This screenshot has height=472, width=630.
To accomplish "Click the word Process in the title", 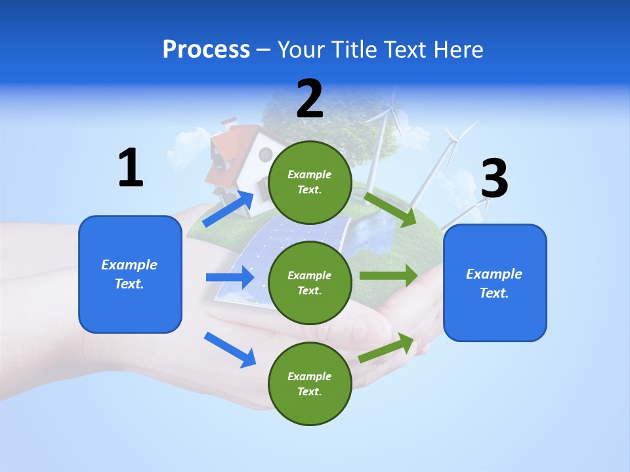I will point(206,50).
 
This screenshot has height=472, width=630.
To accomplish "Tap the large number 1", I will point(131,168).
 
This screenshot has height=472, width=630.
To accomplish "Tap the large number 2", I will point(310,99).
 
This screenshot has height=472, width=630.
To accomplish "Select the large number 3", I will point(494,179).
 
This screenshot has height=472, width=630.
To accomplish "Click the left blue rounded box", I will point(130,274).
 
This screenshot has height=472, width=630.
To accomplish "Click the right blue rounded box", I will point(495,283).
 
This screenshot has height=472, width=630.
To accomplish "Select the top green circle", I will point(310,182).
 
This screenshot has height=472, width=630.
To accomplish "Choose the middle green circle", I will point(310,283).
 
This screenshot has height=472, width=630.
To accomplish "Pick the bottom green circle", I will point(310,383).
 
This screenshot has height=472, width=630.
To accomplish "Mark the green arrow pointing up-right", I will point(387,348).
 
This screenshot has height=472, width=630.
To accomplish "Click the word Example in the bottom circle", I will point(310,376).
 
